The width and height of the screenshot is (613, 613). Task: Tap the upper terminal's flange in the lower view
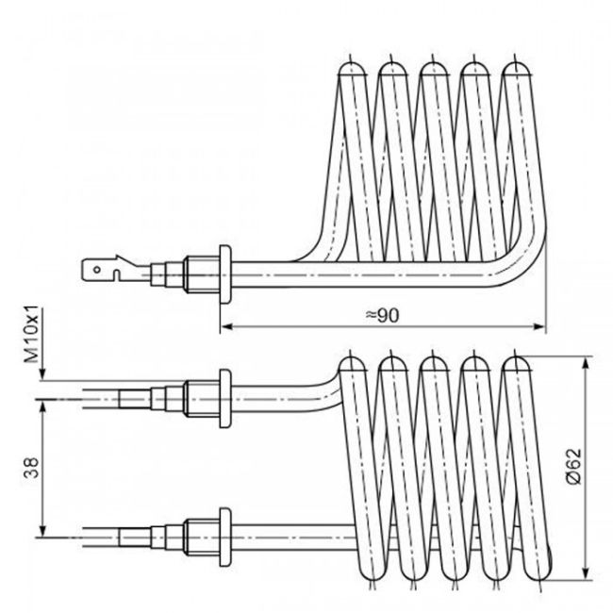[x=224, y=397]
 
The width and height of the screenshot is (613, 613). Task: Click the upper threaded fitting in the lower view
[x=200, y=397]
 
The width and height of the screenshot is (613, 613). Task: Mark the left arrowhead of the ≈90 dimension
[x=225, y=328]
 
